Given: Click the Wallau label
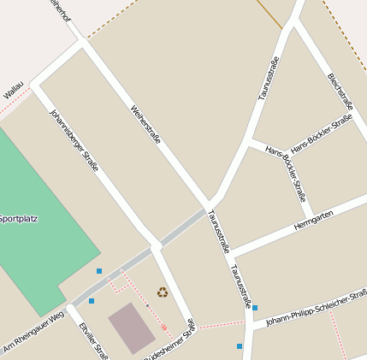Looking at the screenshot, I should click(x=13, y=89).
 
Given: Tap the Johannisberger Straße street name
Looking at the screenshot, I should click(x=74, y=139).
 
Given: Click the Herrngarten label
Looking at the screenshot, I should click(x=313, y=220).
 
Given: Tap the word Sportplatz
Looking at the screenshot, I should click(x=18, y=218).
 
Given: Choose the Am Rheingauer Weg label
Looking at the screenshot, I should click(x=33, y=329).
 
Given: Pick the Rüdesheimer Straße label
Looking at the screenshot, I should click(x=170, y=341).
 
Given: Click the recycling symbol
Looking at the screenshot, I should click(x=162, y=292).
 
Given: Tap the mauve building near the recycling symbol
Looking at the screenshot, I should click(x=132, y=327).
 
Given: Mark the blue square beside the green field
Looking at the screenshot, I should click(x=99, y=271).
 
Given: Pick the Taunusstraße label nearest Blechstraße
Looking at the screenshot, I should click(x=269, y=90).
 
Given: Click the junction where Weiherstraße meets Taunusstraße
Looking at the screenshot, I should click(x=210, y=205).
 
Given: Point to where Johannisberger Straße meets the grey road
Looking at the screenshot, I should click(x=156, y=246).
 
